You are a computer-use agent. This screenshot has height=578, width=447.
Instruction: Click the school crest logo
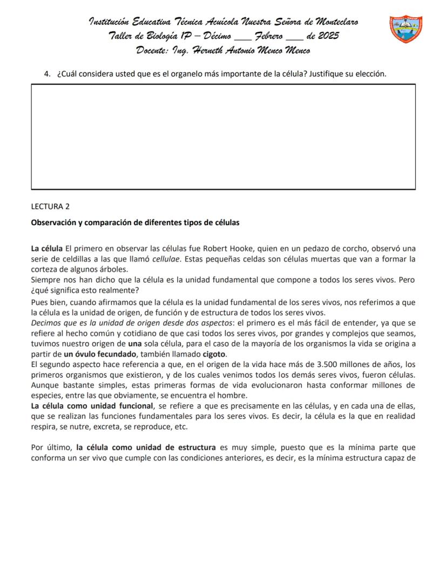[405, 30]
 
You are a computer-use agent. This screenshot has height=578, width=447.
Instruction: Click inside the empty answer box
[223, 137]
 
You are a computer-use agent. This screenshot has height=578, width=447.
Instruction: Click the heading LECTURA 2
[51, 206]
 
